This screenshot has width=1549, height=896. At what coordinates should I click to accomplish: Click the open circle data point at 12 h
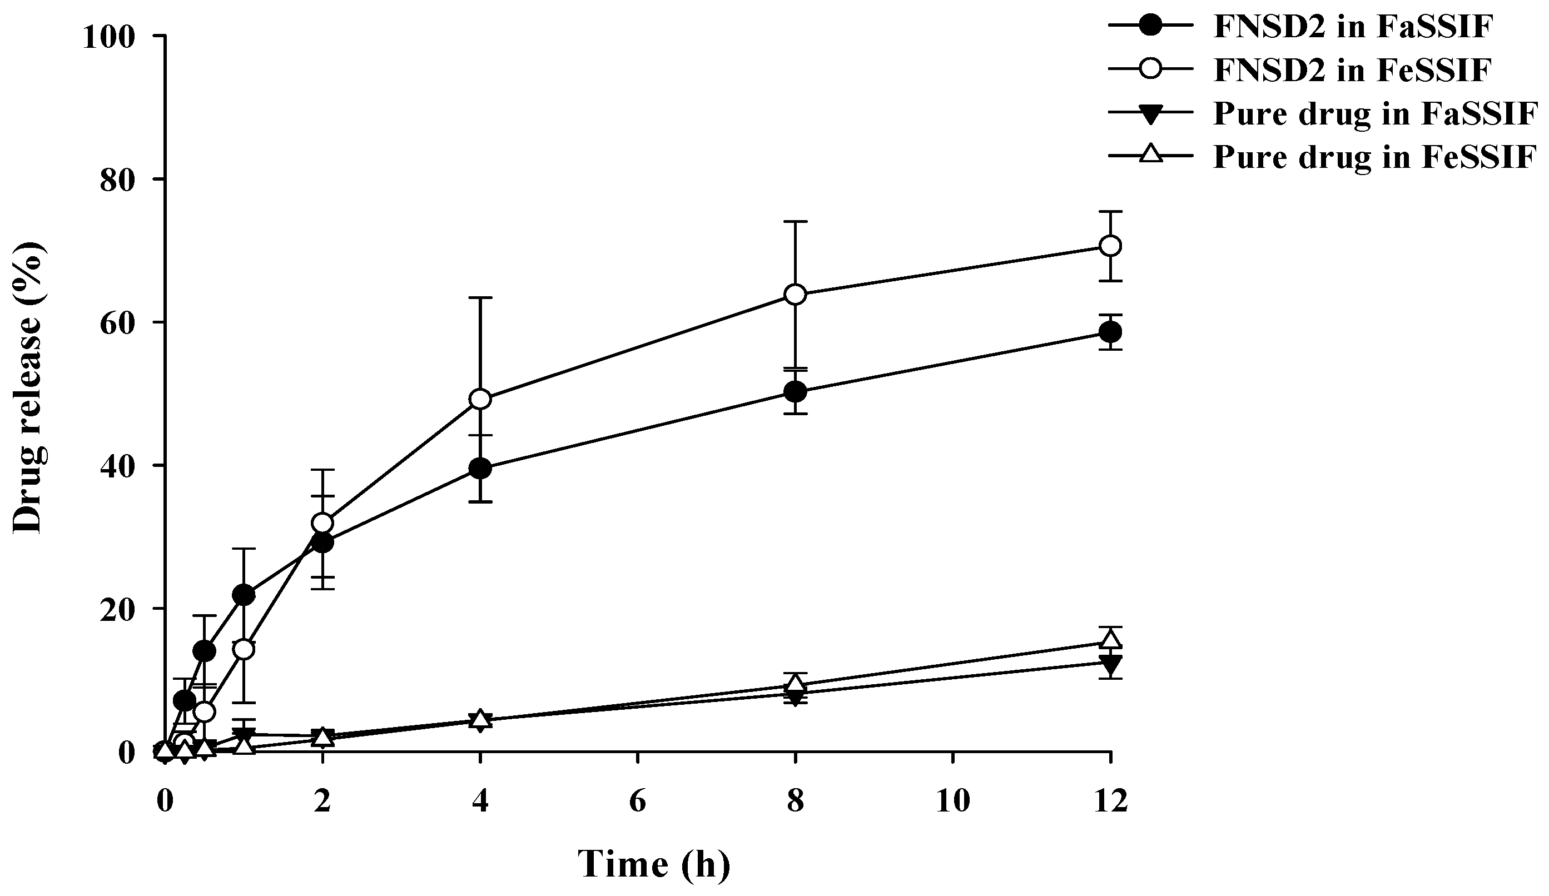(1110, 246)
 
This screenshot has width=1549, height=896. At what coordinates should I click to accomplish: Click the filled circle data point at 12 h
(1110, 332)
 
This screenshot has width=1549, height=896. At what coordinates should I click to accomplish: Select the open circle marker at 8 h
(796, 295)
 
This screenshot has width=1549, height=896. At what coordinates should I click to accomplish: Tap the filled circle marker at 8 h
(796, 391)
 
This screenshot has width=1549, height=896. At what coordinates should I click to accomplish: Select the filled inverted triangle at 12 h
(1110, 663)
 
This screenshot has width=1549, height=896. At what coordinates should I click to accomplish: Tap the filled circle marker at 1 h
(244, 595)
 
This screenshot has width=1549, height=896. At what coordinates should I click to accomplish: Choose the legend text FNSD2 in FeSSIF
(1352, 70)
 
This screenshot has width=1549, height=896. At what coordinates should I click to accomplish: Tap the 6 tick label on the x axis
(638, 802)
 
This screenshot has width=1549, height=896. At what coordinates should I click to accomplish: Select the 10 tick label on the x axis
(953, 802)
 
